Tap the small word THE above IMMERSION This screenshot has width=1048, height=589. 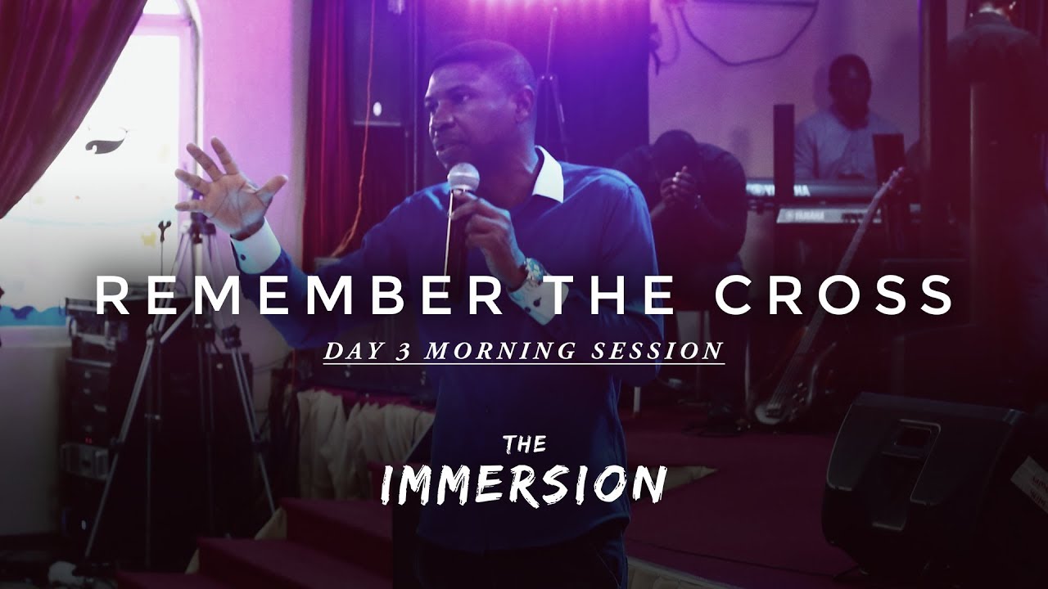pyautogui.click(x=524, y=445)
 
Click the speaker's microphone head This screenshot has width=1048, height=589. pyautogui.click(x=463, y=177)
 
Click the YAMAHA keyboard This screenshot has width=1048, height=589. pyautogui.click(x=827, y=214)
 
